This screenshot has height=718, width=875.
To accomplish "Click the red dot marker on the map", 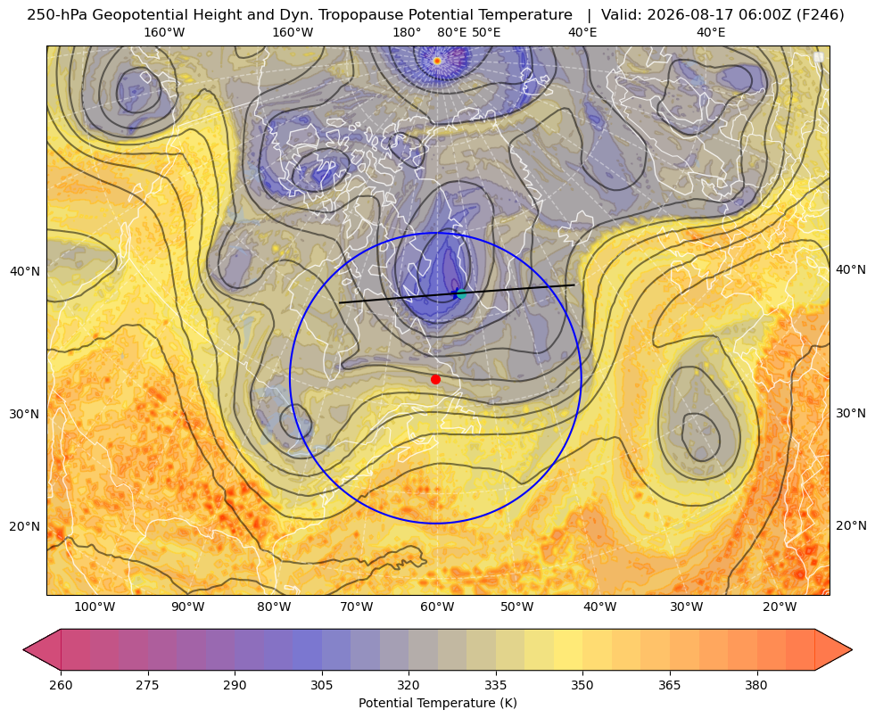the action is (x=436, y=379).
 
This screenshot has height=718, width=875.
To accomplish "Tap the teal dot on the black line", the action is (x=461, y=293).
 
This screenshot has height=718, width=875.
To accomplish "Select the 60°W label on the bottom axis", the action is (x=437, y=607).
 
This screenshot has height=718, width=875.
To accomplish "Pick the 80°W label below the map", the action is (x=274, y=607).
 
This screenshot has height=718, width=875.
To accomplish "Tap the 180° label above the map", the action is (x=407, y=32).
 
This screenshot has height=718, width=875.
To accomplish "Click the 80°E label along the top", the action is (x=452, y=32).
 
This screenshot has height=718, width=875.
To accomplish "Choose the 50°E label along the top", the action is (x=486, y=32).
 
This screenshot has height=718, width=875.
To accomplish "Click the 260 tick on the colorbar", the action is (x=61, y=685).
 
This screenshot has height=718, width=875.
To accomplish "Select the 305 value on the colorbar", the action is (x=322, y=685).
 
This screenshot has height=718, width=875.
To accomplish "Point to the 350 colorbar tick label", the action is (x=582, y=685).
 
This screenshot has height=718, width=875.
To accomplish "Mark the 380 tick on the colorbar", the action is (x=756, y=685).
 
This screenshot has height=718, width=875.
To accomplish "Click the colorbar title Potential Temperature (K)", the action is (x=437, y=703).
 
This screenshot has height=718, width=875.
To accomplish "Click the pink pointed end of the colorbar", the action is (x=42, y=649).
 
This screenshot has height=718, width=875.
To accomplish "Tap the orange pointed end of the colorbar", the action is (x=834, y=649).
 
